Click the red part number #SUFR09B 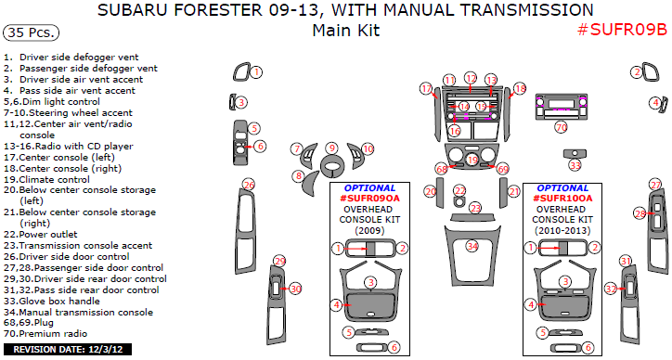[x=622, y=30]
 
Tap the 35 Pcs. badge [x=31, y=32]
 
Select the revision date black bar [x=68, y=349]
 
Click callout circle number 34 [x=472, y=247]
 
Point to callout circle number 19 [x=472, y=160]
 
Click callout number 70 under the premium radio [x=562, y=127]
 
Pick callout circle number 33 [x=575, y=165]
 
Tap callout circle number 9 [x=331, y=148]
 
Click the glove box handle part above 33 [x=575, y=153]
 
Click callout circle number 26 [x=249, y=185]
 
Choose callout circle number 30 [x=296, y=289]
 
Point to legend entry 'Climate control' [x=46, y=179]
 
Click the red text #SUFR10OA [x=562, y=199]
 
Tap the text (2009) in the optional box [x=369, y=230]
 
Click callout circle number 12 [x=471, y=78]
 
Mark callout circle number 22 [x=459, y=191]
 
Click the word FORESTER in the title [x=213, y=9]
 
